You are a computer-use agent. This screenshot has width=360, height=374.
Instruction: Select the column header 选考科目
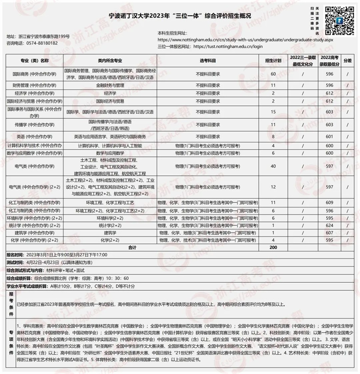coord(208,60)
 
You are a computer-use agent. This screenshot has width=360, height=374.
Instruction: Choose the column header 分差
coord(348,60)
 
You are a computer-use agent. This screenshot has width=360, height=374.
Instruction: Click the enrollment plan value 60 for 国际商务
coord(273,74)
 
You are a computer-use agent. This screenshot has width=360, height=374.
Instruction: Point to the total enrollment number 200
coord(273,248)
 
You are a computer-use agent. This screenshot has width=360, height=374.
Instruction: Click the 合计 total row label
coord(132,248)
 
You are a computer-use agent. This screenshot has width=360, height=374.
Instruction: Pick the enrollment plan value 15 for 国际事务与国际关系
coord(273,111)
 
